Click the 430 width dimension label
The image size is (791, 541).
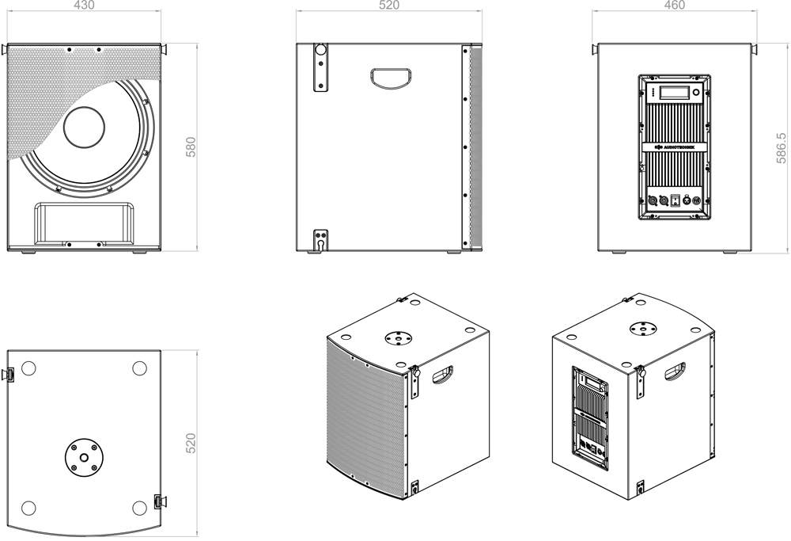pos(85,6)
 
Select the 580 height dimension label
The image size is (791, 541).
pos(191,147)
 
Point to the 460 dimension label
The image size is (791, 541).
pos(675,6)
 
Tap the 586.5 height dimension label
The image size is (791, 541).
pos(782,148)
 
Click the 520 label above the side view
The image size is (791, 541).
pos(389,6)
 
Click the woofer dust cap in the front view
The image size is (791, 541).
pos(84,128)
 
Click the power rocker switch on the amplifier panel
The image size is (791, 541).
pos(675,200)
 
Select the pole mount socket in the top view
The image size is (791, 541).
pos(84,457)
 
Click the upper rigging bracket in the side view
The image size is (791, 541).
pos(320,65)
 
